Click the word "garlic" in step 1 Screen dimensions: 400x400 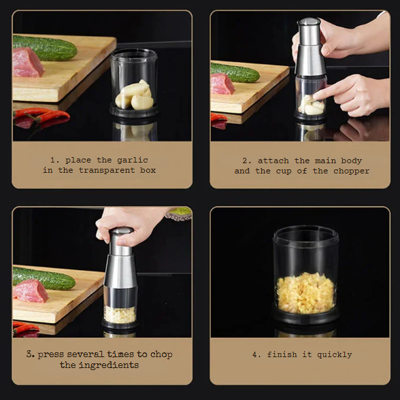(135, 160)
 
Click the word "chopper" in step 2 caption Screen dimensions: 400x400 (352, 171)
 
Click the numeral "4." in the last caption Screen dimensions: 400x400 (256, 354)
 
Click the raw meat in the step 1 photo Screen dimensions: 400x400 (27, 63)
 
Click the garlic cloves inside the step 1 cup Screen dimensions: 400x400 (135, 95)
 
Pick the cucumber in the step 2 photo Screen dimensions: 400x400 (235, 72)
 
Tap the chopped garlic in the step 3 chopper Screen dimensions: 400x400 (120, 314)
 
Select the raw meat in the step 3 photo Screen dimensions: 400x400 (31, 290)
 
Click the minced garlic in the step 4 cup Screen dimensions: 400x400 (306, 293)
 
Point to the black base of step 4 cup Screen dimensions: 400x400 (306, 318)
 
